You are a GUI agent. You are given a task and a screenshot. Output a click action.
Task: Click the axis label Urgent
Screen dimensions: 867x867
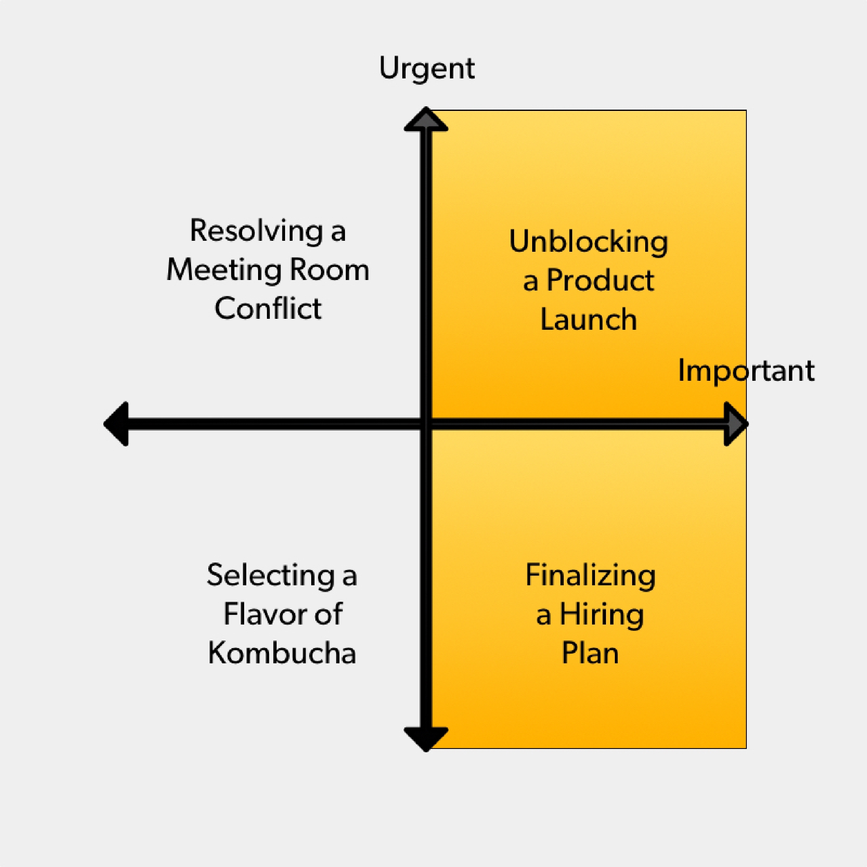(x=427, y=69)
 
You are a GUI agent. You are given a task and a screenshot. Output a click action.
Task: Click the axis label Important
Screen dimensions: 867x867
(x=746, y=371)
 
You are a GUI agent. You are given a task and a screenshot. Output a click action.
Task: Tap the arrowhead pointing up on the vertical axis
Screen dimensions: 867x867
(x=426, y=119)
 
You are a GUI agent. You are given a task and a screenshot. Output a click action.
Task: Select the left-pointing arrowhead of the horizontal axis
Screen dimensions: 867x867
(x=116, y=424)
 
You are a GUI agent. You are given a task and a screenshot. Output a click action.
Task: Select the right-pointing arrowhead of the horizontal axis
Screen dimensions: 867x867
(x=736, y=424)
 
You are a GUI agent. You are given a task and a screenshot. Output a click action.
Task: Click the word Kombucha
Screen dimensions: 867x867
(x=282, y=653)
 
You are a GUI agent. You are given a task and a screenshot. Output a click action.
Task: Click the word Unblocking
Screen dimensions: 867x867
(x=588, y=242)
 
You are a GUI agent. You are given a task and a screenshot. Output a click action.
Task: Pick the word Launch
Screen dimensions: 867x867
(x=588, y=320)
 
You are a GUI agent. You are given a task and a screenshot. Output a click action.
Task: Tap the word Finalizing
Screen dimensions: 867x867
(x=590, y=576)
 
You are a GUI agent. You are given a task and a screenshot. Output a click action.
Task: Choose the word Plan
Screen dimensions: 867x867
(x=590, y=653)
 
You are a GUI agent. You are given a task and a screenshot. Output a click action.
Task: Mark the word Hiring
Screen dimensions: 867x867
(x=602, y=615)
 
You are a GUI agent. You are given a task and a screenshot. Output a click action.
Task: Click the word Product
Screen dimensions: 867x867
(x=600, y=281)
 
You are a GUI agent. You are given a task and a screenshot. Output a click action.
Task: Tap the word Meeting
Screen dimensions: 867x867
(x=224, y=271)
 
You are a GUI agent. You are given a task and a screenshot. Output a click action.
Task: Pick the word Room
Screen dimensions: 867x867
(x=329, y=270)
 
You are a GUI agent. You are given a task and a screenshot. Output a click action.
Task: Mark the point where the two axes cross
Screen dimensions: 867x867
(x=426, y=424)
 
